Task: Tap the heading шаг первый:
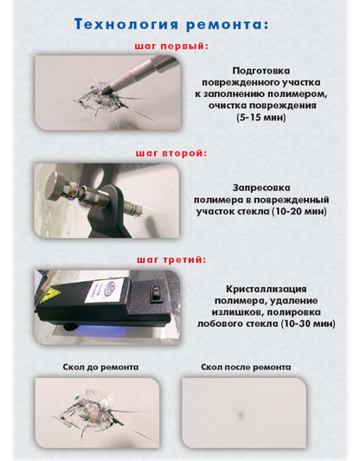171,47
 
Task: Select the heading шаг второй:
171,153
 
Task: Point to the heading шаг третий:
171,259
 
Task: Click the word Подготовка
261,71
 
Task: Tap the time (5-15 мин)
261,118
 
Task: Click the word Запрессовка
261,188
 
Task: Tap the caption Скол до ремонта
100,368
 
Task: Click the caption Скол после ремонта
246,368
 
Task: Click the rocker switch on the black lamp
155,294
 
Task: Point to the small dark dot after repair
241,414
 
